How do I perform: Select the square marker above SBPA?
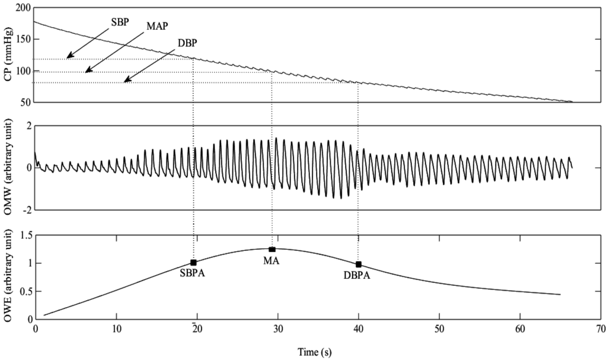click(194, 262)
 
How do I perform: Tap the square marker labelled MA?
click(272, 250)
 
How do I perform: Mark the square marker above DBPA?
click(359, 265)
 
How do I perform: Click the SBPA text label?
click(193, 275)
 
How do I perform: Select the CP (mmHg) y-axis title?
click(8, 55)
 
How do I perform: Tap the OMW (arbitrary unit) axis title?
click(8, 167)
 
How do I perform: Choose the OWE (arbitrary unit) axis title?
click(8, 277)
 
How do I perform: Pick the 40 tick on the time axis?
click(359, 328)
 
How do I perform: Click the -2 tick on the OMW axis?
click(26, 210)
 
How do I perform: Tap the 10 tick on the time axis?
click(116, 328)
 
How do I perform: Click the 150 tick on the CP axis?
click(24, 40)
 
